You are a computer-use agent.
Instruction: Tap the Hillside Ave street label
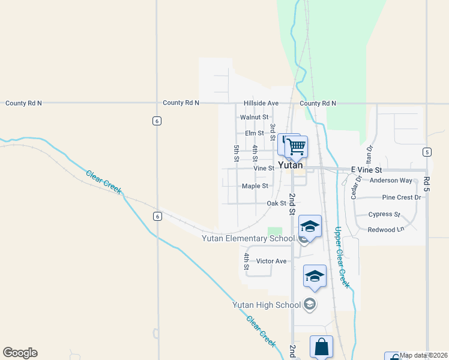tap(261, 103)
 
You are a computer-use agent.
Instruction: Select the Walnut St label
tap(254, 118)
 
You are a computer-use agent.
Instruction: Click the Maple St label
tap(255, 186)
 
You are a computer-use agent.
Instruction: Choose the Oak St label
tap(276, 203)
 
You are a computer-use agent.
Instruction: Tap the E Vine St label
tap(366, 170)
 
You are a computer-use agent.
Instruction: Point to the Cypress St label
tap(384, 214)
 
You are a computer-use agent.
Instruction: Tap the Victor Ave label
tap(271, 261)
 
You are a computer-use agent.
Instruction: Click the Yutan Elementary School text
tap(249, 239)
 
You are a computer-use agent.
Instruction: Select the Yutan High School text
tap(267, 305)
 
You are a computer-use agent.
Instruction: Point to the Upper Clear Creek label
tap(342, 257)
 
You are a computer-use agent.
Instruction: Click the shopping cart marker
tap(297, 146)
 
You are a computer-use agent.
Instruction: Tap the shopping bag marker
tap(321, 346)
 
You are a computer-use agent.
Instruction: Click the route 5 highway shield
tap(426, 152)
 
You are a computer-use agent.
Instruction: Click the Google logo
tap(20, 353)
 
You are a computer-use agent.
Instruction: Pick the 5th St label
tap(237, 152)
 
